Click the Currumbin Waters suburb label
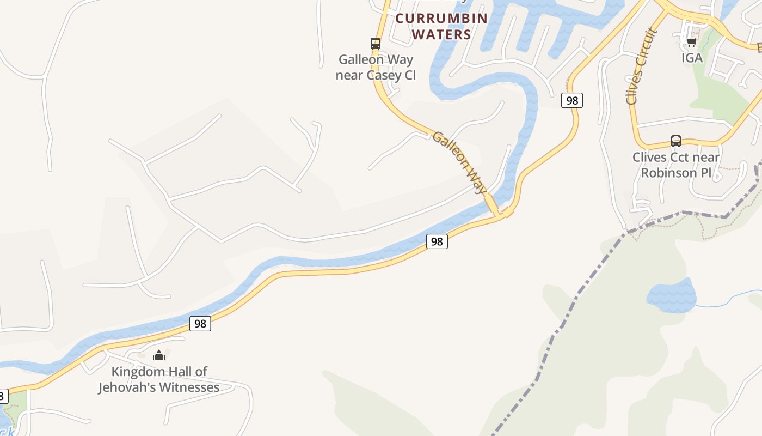point(441,26)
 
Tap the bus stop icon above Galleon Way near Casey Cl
point(375,44)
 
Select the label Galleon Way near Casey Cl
point(376,67)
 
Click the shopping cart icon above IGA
point(691,42)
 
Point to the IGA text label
point(692,58)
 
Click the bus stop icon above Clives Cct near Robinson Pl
point(675,141)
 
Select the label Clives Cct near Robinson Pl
point(675,165)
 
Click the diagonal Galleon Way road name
point(459,162)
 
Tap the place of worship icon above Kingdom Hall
point(159,356)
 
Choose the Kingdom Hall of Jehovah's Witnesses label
point(159,380)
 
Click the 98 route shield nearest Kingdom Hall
point(200,324)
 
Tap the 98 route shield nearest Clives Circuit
point(571,100)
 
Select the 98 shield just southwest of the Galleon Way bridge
point(437,241)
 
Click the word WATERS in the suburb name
point(441,34)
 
